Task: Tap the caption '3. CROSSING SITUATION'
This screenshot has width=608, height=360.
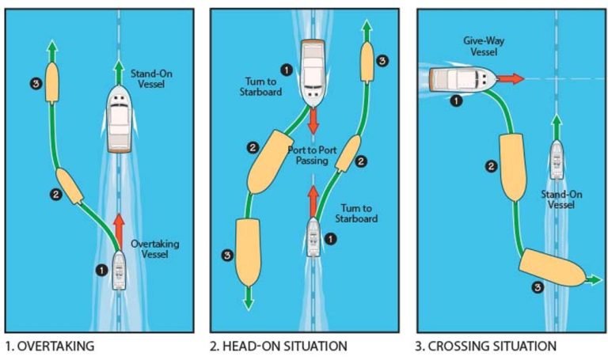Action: click(x=487, y=346)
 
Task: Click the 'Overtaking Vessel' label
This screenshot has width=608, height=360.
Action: click(x=155, y=250)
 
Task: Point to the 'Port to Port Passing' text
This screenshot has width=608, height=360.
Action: click(x=317, y=154)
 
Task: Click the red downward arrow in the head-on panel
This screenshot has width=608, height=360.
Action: click(x=313, y=120)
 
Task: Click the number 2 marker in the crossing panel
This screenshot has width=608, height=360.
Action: click(x=492, y=166)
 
